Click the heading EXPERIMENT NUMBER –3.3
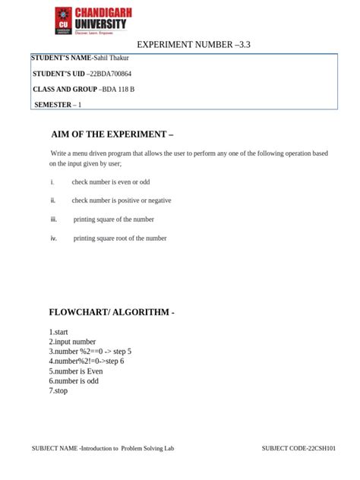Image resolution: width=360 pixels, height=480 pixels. point(193,45)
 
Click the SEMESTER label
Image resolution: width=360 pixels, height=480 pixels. point(52,104)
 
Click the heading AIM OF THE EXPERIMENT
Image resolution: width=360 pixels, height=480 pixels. point(112,134)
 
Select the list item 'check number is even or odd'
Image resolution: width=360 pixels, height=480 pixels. point(111,182)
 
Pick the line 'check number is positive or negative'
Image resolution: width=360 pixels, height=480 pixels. point(122,201)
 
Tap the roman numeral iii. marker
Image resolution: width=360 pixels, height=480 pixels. point(54,219)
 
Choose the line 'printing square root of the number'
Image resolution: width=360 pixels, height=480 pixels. point(120,238)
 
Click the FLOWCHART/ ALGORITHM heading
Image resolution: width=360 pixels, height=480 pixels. point(112,312)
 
